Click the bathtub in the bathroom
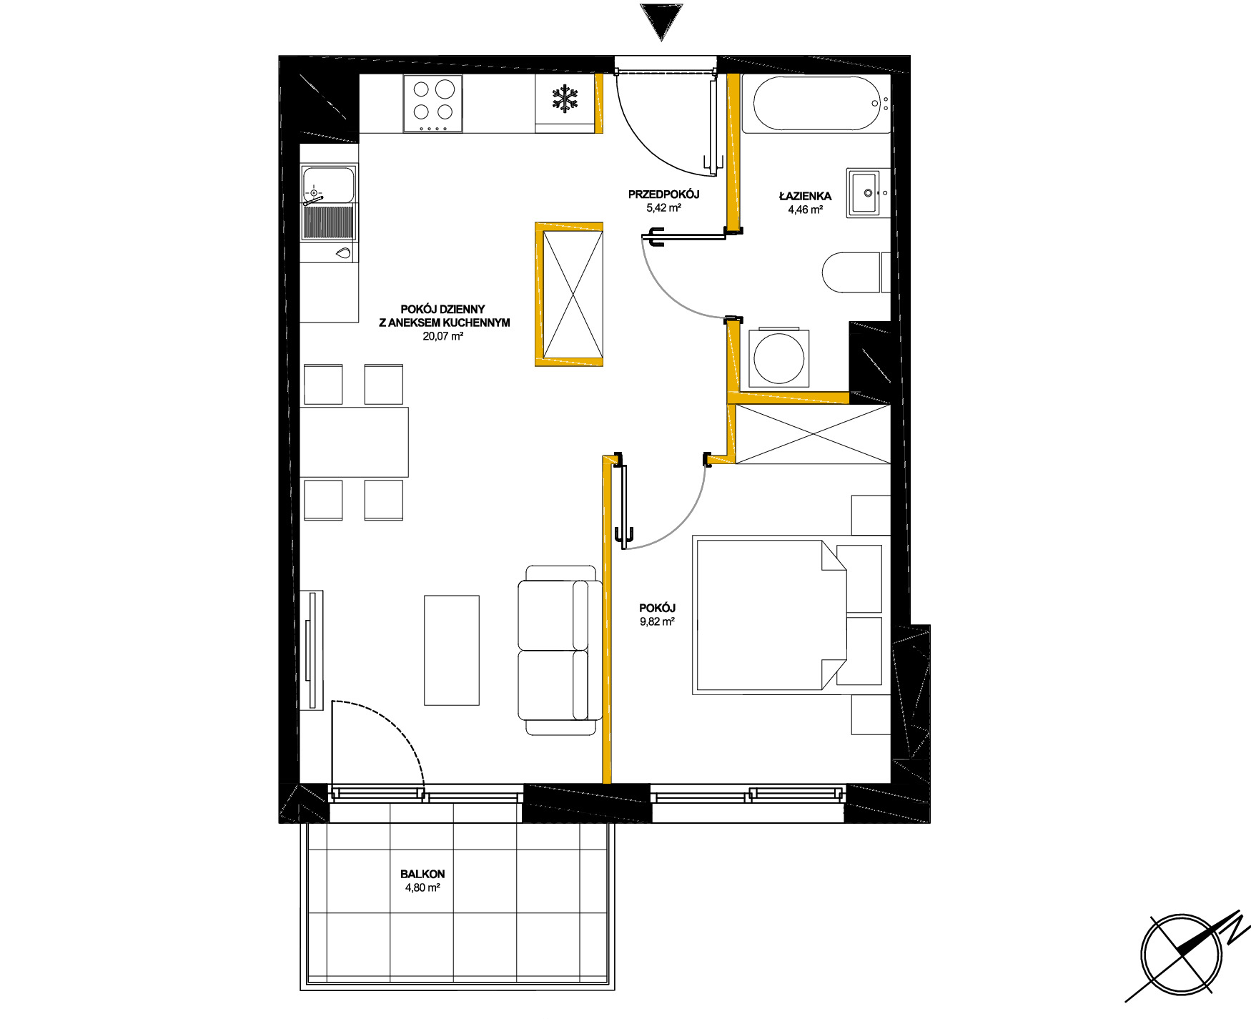coord(816,104)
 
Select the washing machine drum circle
coord(778,358)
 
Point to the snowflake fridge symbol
coord(565,99)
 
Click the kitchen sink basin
coord(328,185)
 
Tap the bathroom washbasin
coord(869,192)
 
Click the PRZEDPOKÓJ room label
coord(663,195)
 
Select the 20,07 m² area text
coord(443,336)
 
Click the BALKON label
coord(422,874)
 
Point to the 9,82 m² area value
coord(658,621)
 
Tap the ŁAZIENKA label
coord(805,196)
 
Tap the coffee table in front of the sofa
coord(452,650)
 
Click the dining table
coord(354,442)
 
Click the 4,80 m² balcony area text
coord(422,887)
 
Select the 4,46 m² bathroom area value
coord(805,210)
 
